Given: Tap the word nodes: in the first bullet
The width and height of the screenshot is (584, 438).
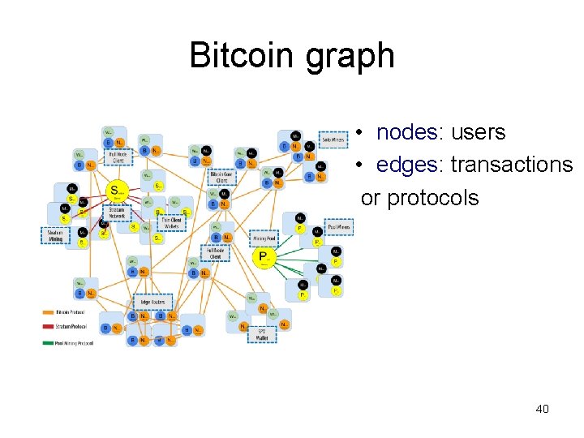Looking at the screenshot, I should (x=408, y=132).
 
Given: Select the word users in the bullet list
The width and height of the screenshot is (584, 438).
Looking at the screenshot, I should (x=478, y=132).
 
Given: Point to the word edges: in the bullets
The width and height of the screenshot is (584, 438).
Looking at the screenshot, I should (x=410, y=165).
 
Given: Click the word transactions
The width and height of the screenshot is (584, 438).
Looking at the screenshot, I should (x=511, y=165).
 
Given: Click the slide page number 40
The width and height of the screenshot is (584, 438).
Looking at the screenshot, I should (x=542, y=409).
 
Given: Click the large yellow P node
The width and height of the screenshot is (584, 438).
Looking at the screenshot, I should (x=264, y=257).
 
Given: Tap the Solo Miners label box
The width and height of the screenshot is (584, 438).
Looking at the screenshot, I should (x=333, y=140).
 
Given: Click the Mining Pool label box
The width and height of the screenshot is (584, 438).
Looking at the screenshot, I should (x=265, y=239).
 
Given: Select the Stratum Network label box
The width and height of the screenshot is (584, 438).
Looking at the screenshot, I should (x=117, y=213).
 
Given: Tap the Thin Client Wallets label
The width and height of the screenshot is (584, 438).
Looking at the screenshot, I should (x=172, y=223).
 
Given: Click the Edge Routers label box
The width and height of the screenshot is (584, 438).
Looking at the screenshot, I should (x=152, y=302).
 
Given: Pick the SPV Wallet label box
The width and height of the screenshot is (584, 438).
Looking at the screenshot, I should (x=261, y=333).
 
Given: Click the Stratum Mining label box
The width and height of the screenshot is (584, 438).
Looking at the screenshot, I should (x=55, y=236).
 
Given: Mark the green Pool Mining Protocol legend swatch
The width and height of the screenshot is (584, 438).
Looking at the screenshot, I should (x=48, y=343).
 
